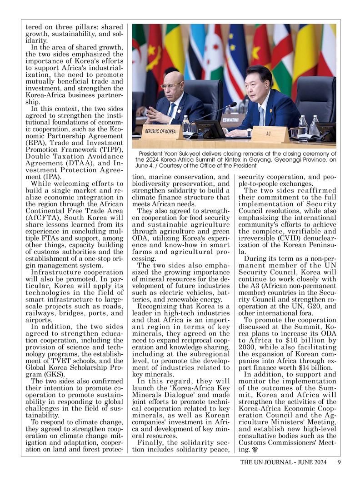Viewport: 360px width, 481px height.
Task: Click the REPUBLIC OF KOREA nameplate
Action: tap(160, 131)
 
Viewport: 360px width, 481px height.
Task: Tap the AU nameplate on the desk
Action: tap(268, 134)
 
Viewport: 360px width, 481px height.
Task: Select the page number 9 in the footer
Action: tap(340, 462)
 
